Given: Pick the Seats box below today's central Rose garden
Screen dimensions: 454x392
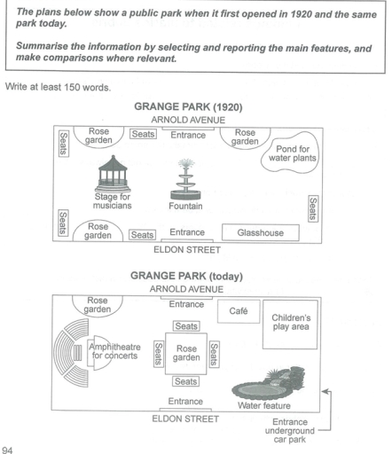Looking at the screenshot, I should [186, 381].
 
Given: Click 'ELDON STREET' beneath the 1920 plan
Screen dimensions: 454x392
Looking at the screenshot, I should [186, 251].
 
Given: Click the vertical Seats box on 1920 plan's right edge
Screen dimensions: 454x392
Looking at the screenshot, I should [312, 209].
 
